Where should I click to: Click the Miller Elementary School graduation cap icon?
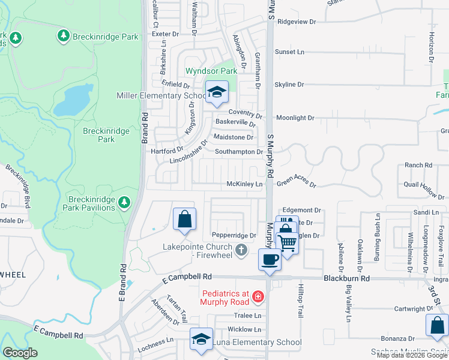click(217, 92)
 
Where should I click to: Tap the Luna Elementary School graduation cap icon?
click(201, 339)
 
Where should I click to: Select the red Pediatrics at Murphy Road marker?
click(258, 296)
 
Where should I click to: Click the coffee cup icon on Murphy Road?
click(269, 260)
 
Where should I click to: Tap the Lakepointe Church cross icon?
click(241, 250)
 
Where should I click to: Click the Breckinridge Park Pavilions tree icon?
click(124, 202)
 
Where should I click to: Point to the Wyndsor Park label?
click(211, 71)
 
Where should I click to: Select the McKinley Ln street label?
click(244, 184)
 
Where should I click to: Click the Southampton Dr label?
click(239, 152)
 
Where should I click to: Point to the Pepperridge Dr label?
click(234, 235)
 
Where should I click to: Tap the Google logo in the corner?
click(20, 353)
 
